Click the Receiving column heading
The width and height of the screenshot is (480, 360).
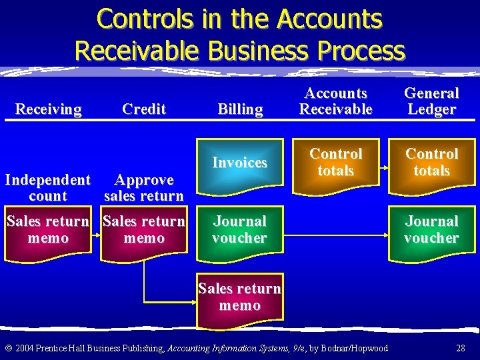click(x=48, y=109)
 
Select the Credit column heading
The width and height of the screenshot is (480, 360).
click(x=144, y=109)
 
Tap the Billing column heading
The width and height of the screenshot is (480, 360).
click(x=240, y=109)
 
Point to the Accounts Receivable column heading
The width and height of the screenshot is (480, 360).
click(x=335, y=101)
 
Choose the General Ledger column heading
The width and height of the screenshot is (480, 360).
click(x=431, y=101)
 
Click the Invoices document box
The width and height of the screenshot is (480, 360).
click(x=240, y=165)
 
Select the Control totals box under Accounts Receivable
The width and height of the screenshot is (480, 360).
click(x=335, y=164)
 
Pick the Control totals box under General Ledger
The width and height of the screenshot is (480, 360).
click(x=431, y=164)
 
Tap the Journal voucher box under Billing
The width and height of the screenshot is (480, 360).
click(x=240, y=231)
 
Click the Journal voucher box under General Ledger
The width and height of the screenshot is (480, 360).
click(x=431, y=231)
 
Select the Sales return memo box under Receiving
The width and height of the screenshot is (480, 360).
click(x=48, y=231)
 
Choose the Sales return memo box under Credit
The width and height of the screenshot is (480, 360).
click(x=144, y=231)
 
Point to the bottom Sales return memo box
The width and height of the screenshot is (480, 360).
click(x=240, y=299)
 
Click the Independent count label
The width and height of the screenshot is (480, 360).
click(x=48, y=188)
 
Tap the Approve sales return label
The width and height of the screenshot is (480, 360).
click(x=144, y=188)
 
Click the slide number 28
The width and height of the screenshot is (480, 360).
click(x=461, y=348)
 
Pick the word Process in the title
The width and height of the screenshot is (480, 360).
click(x=362, y=51)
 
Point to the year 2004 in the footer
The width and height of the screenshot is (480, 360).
click(x=25, y=348)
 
